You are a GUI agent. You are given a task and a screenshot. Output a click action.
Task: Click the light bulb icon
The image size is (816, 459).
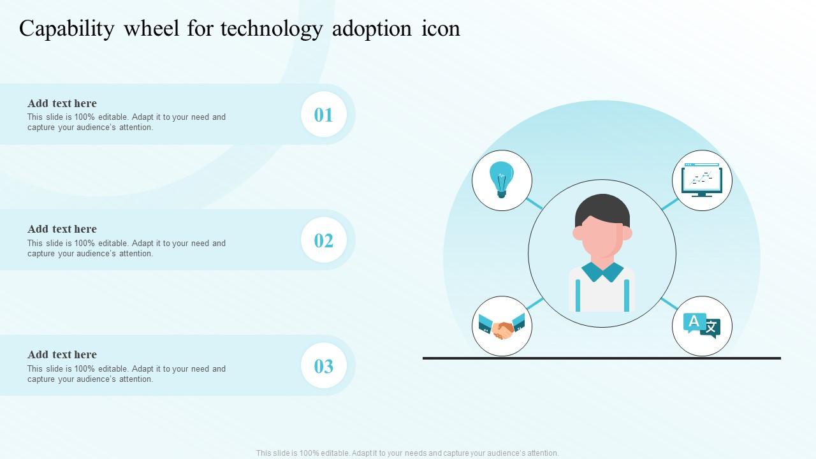pyautogui.click(x=502, y=179)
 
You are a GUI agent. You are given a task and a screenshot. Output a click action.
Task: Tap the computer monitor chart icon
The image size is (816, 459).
pyautogui.click(x=702, y=180)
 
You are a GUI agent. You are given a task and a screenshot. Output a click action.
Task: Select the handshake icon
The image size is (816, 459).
pyautogui.click(x=502, y=326)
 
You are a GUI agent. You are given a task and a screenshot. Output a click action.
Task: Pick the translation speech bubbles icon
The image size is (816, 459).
pyautogui.click(x=702, y=326)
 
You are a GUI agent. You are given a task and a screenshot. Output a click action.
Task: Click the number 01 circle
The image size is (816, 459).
pyautogui.click(x=324, y=115)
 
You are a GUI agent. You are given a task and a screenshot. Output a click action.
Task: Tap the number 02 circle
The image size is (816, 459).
pyautogui.click(x=324, y=240)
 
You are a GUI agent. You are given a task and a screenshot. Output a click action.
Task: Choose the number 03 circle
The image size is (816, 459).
pyautogui.click(x=324, y=366)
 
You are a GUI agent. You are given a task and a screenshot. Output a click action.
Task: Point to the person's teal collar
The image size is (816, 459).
pyautogui.click(x=602, y=272)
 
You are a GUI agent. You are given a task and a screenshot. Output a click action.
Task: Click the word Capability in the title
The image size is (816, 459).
pyautogui.click(x=66, y=29)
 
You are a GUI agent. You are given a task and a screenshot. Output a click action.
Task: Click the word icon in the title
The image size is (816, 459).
pyautogui.click(x=441, y=29)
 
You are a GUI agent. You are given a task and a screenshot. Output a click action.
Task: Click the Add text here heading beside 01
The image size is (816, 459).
pyautogui.click(x=62, y=103)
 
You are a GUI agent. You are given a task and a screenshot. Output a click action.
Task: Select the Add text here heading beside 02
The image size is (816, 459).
pyautogui.click(x=62, y=229)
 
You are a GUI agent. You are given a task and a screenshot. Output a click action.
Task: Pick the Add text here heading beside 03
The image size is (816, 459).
pyautogui.click(x=62, y=354)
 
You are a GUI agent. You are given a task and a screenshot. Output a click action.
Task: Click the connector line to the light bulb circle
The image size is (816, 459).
pyautogui.click(x=534, y=203)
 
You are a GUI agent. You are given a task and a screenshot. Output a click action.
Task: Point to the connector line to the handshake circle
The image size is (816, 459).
pyautogui.click(x=535, y=303)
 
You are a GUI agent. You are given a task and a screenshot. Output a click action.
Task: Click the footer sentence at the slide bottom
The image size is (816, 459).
pyautogui.click(x=407, y=453)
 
